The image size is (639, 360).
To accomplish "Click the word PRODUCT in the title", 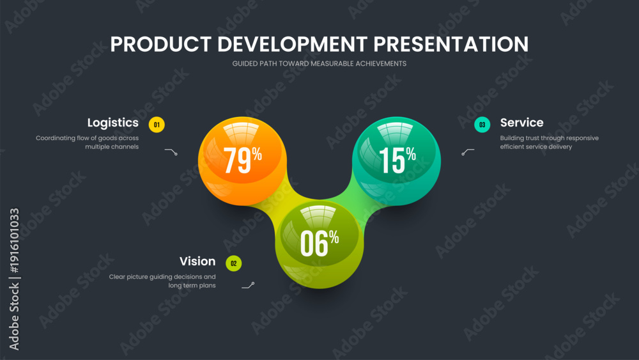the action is coord(160,44).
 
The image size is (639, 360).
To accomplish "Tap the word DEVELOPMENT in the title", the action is coord(293,44).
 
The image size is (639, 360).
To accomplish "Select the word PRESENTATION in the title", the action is coord(451,44).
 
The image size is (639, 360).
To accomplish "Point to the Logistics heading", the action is coord(113,123).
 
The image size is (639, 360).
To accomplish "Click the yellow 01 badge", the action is coord(157,125).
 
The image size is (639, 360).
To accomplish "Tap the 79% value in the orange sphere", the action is coord(243,160).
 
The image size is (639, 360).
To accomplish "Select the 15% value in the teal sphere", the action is coord(397,160).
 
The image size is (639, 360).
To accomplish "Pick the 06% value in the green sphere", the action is coord(319,243).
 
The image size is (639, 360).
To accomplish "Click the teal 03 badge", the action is coord(482,125).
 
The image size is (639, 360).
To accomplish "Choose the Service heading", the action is coord(521,123).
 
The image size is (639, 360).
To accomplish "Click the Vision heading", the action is coord(197,262).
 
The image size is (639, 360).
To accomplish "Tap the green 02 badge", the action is coord(233,263).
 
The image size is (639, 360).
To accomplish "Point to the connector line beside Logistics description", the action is coord(171,152).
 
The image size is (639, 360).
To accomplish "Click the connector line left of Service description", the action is coord(468,152).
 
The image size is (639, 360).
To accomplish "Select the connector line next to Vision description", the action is coord(248,286).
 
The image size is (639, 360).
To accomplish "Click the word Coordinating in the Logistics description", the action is coord(56,138).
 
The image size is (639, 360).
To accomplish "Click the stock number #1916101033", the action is coord(14,240).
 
